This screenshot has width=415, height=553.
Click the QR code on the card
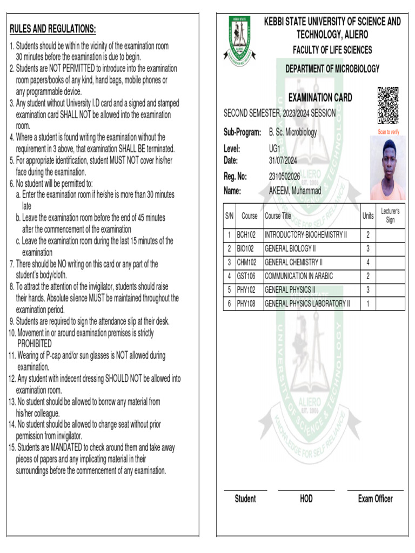click(387, 105)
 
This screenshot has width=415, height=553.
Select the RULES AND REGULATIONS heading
click(53, 29)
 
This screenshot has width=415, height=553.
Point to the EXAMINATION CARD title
click(320, 98)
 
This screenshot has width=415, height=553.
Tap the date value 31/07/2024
click(283, 160)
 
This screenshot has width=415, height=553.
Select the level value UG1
click(275, 149)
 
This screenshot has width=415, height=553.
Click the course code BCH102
click(246, 235)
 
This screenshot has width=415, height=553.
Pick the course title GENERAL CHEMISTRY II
click(293, 262)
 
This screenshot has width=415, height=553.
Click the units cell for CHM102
click(368, 262)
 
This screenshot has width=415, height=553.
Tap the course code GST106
click(246, 276)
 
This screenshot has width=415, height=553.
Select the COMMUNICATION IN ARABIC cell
click(298, 276)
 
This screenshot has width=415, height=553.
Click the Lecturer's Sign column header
click(390, 215)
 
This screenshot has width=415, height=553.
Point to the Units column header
click(368, 216)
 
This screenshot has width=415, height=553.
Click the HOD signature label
click(306, 499)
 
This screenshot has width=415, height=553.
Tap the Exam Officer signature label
click(375, 499)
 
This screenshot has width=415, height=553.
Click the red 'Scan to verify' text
click(388, 132)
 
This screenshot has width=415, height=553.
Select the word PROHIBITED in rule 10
click(35, 344)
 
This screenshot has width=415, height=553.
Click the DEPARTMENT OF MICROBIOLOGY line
click(332, 69)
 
